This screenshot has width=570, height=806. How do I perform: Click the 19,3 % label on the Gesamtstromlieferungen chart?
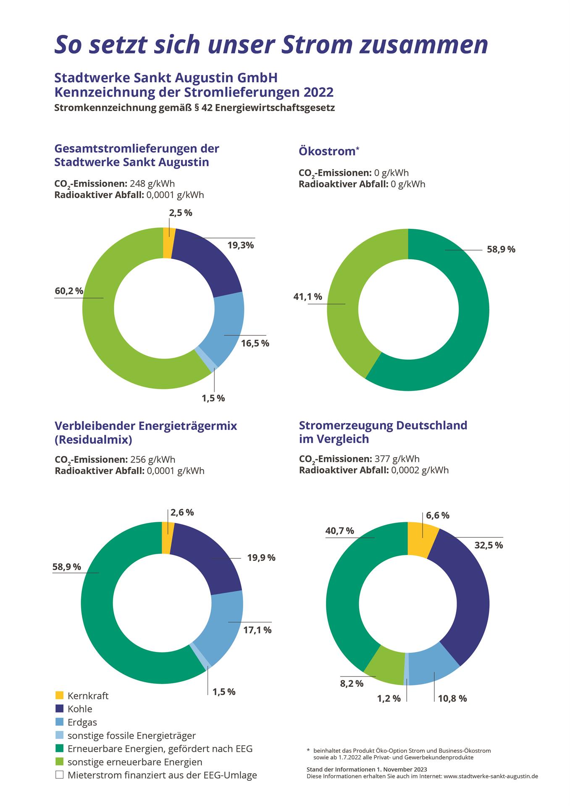point(241,246)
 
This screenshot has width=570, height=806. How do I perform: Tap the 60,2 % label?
point(69,291)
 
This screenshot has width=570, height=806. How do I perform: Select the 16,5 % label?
point(255,343)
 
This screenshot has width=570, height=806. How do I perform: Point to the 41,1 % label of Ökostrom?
point(307,297)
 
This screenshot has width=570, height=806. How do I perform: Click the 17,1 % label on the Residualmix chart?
point(257,630)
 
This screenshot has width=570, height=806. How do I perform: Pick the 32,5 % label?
point(489,545)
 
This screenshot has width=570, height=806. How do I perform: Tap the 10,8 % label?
point(452,699)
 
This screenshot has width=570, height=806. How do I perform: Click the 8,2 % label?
point(352,683)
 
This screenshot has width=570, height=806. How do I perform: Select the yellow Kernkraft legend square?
point(59,695)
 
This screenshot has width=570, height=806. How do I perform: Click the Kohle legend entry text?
point(80,709)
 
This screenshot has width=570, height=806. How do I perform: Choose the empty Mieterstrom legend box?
point(59,775)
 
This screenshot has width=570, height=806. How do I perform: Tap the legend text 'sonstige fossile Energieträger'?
point(131,735)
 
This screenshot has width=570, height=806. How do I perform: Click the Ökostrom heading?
point(327,151)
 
